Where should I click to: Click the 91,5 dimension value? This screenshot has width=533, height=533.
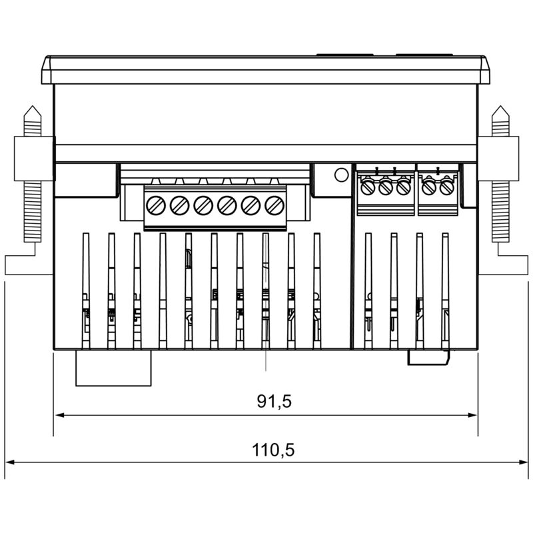tap(274, 401)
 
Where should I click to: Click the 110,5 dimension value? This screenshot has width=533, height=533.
tap(273, 450)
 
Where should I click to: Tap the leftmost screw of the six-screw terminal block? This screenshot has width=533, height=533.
tap(155, 205)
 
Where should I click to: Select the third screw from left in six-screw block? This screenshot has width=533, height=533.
tap(203, 205)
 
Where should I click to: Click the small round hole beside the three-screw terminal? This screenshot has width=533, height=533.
tap(340, 175)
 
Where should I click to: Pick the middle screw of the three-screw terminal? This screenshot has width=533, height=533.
tap(385, 187)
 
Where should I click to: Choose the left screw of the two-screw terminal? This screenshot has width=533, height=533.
tap(429, 187)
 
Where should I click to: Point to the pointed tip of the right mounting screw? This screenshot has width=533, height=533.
tap(500, 108)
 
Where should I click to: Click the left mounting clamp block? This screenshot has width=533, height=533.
tap(33, 159)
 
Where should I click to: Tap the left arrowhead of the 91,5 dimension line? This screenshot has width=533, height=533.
tap(58, 415)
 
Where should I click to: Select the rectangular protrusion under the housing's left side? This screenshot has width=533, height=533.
tap(114, 368)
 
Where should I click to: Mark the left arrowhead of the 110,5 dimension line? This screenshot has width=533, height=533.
tap(9, 462)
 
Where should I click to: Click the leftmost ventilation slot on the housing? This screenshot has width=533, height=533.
tap(86, 290)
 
